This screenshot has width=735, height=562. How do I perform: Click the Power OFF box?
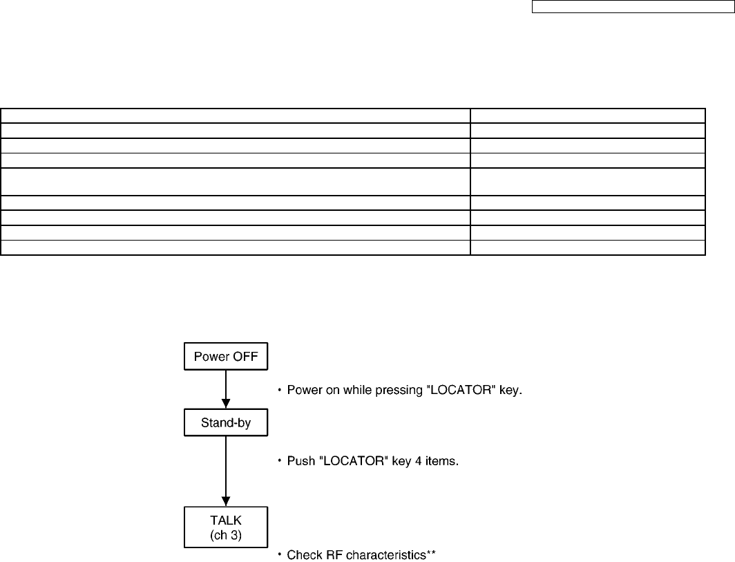(225, 357)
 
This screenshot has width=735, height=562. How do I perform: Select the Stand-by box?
(225, 422)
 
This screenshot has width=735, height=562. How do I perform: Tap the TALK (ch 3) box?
(225, 528)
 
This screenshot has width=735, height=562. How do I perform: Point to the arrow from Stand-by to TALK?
(225, 470)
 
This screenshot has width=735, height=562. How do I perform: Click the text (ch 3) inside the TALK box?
(225, 536)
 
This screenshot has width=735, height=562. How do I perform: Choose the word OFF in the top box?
(245, 357)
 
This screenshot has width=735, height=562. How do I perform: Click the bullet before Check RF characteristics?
(280, 555)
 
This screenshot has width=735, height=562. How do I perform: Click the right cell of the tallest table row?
(588, 181)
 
